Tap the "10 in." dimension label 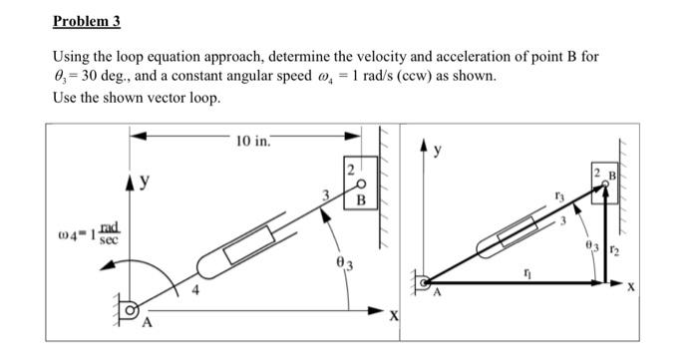pyautogui.click(x=253, y=142)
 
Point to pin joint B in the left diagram pyautogui.click(x=361, y=184)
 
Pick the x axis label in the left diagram pyautogui.click(x=394, y=317)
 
